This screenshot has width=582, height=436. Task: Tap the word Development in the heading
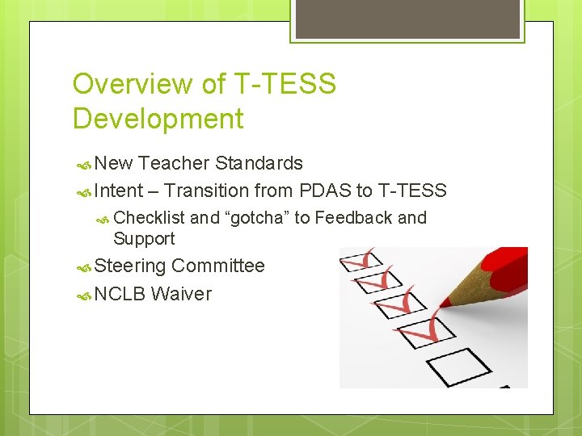click(x=158, y=119)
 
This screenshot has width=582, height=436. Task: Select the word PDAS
click(x=324, y=191)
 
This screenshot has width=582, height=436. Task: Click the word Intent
click(x=118, y=191)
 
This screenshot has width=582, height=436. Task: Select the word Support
click(x=144, y=238)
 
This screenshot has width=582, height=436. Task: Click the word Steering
click(x=130, y=266)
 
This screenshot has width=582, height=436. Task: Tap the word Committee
click(x=218, y=266)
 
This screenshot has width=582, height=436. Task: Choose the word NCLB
click(x=120, y=294)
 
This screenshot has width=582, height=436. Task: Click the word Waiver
click(x=181, y=294)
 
